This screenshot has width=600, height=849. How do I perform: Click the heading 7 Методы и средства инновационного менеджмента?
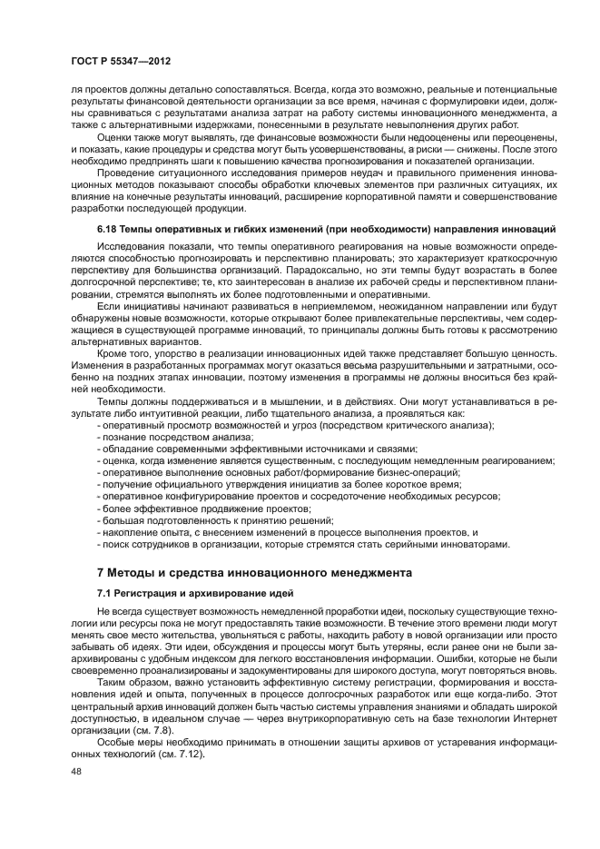[x=254, y=572]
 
